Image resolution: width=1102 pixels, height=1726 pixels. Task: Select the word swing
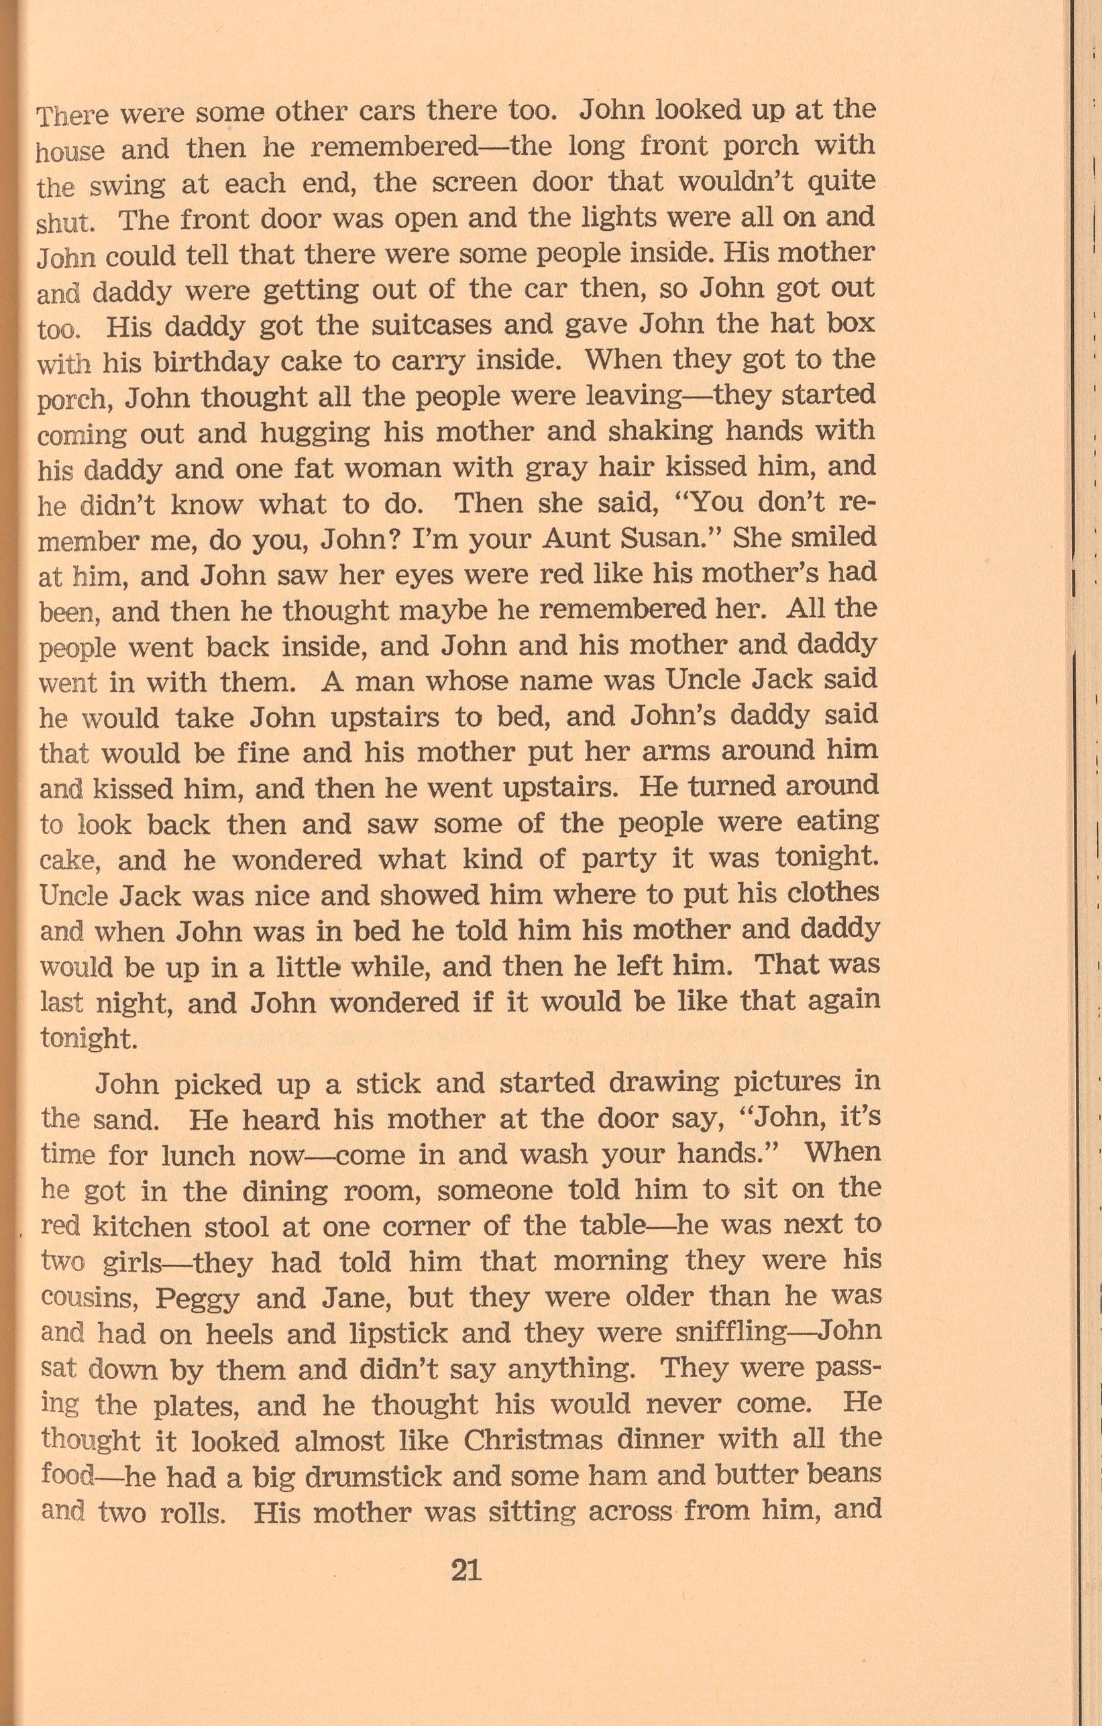pyautogui.click(x=128, y=185)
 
